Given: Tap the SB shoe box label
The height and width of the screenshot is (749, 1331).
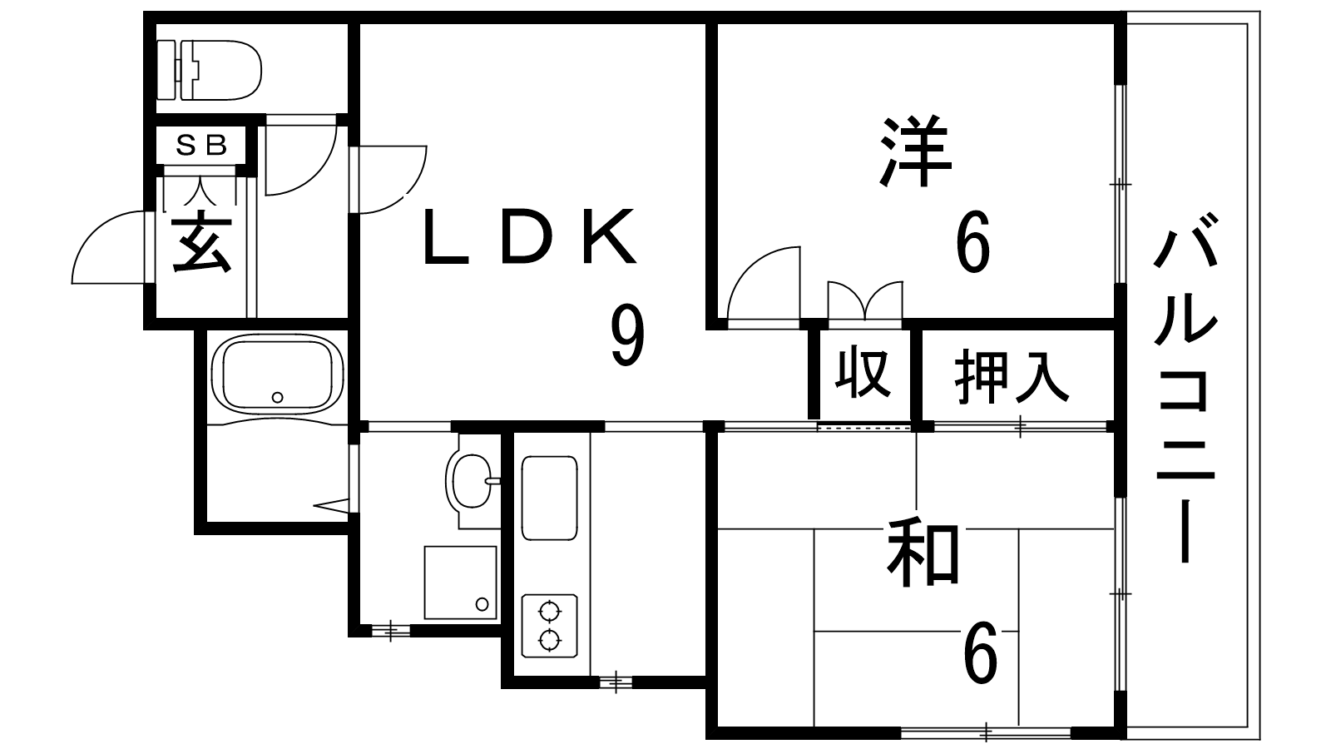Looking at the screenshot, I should tap(202, 146).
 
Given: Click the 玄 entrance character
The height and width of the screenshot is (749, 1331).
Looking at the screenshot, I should tap(201, 243).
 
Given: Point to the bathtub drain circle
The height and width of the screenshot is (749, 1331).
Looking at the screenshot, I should tap(278, 397).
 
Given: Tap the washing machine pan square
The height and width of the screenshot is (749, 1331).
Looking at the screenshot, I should tap(460, 583).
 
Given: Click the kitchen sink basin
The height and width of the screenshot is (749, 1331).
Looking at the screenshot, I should tap(549, 498).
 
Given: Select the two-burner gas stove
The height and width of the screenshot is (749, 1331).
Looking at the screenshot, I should tap(549, 626).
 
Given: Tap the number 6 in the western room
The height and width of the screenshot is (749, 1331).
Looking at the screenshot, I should tap(972, 242).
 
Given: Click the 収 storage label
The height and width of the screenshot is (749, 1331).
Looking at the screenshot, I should tap(863, 374).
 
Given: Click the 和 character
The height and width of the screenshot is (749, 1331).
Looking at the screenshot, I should tap(923, 553).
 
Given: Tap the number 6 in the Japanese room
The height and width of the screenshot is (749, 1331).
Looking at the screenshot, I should tap(979, 653).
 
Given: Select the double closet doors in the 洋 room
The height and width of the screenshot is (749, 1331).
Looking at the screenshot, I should tap(864, 301).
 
